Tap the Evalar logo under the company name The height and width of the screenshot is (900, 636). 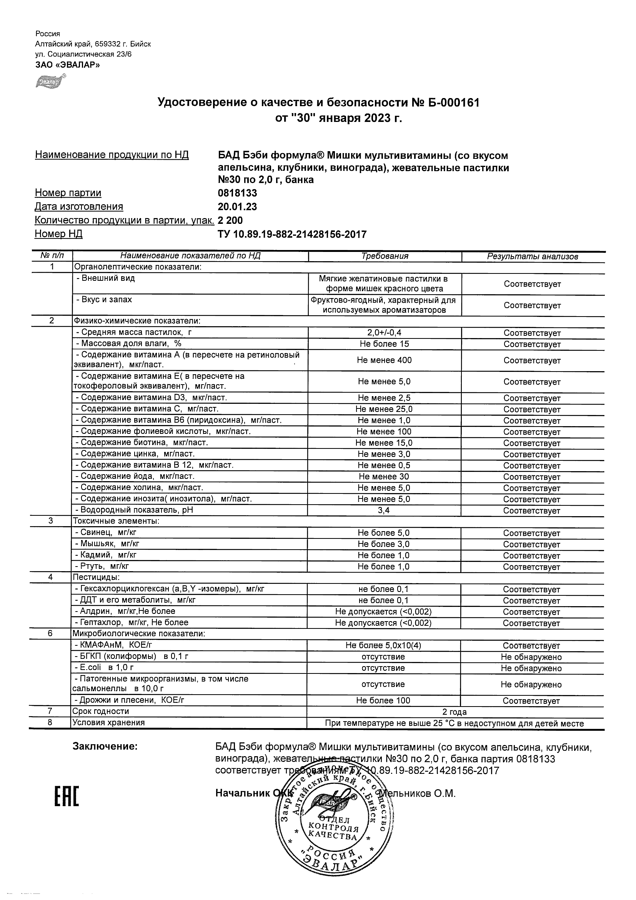coord(50,81)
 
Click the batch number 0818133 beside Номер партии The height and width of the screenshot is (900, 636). coord(238,193)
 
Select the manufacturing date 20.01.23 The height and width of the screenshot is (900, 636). coord(238,207)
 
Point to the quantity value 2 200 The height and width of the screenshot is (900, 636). coord(230,220)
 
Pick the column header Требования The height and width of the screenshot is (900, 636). coord(385,257)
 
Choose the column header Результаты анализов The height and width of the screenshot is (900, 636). coord(533,257)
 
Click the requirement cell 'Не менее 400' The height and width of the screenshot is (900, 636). coord(384,360)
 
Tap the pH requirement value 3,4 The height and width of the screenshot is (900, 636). coord(384,510)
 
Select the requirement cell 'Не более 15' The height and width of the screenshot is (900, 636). coord(384,344)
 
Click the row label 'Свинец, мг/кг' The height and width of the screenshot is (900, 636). coord(106,532)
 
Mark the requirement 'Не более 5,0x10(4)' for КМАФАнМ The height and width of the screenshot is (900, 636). coord(383,645)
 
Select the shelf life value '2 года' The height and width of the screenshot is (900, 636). coord(455,712)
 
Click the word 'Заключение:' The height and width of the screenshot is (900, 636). coord(105,747)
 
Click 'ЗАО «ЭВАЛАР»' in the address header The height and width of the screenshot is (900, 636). coord(67,65)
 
